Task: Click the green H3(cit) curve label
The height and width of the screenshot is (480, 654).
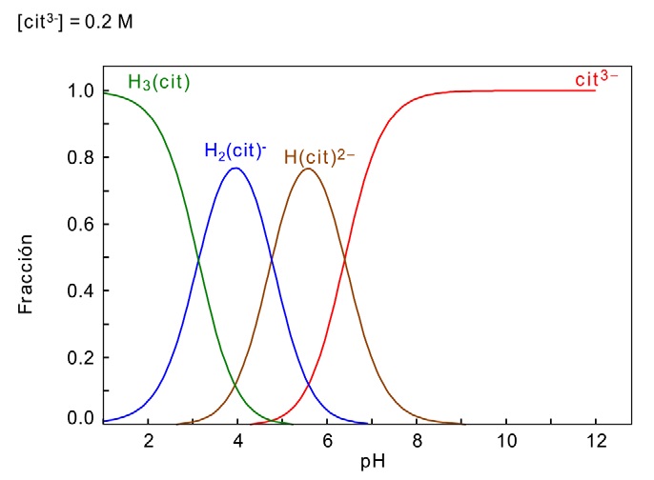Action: [x=159, y=83]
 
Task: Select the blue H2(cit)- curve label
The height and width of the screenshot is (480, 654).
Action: [x=235, y=150]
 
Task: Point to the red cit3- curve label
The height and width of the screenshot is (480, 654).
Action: [x=596, y=78]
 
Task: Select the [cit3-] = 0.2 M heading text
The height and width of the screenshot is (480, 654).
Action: [x=74, y=21]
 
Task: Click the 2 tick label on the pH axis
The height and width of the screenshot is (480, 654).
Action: [x=148, y=441]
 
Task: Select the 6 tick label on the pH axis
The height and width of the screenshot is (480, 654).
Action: [x=327, y=441]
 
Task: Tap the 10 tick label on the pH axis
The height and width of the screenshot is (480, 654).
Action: [x=506, y=441]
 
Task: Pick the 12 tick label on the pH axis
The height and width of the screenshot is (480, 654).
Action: [x=596, y=441]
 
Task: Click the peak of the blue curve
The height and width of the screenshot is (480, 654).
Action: [x=235, y=169]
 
